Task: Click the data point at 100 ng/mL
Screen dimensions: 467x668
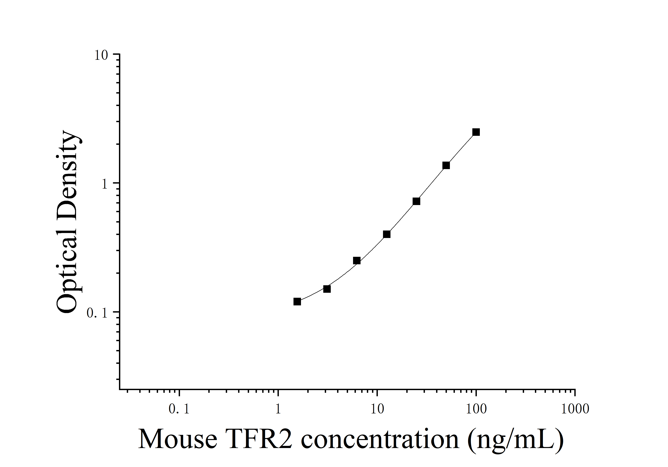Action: [476, 132]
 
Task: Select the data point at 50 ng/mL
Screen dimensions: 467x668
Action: [446, 165]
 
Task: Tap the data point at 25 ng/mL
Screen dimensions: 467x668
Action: [416, 201]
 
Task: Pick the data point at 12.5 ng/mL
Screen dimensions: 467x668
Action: [387, 234]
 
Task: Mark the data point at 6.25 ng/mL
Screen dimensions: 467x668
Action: [357, 260]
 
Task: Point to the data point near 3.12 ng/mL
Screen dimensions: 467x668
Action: [327, 289]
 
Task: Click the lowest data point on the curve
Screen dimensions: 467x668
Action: [297, 301]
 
